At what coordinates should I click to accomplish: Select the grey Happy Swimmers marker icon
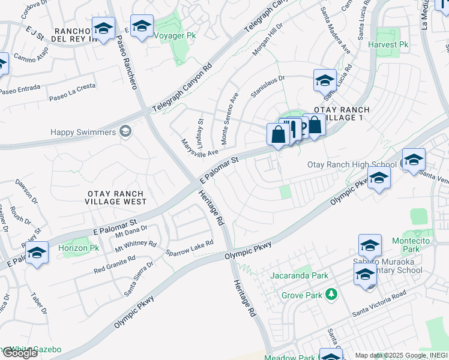tap(125, 131)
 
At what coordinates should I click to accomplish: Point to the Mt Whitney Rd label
tap(136, 245)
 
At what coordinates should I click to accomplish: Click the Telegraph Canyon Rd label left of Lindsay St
tap(182, 89)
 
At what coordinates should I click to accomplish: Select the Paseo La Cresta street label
tap(72, 91)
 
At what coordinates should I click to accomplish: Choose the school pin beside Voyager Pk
tap(142, 26)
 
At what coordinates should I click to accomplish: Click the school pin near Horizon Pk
tap(37, 254)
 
